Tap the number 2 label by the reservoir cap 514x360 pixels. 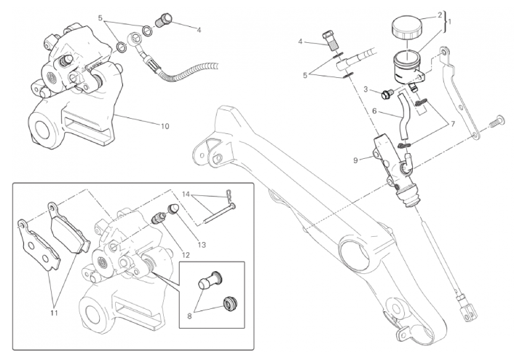tap(439, 14)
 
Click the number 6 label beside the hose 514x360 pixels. tap(374, 111)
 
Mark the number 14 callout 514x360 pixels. tap(186, 195)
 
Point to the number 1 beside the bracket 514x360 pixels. tap(450, 21)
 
